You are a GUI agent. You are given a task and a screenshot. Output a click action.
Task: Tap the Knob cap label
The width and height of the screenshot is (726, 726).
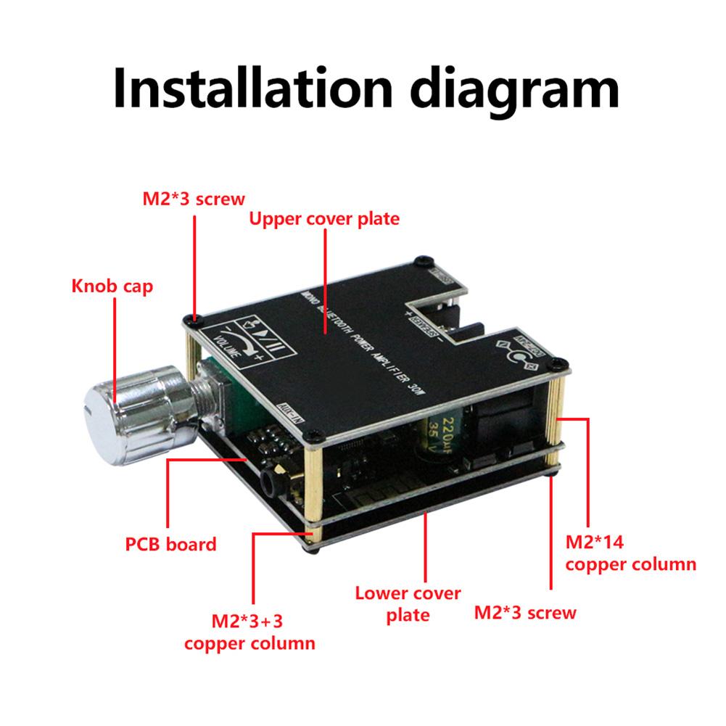[112, 286]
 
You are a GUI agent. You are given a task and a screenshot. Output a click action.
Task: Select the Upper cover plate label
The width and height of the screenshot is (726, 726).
[324, 218]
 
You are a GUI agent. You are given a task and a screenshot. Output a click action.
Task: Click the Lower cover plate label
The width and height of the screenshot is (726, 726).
[408, 603]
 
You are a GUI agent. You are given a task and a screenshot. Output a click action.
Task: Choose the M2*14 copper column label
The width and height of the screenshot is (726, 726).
[630, 552]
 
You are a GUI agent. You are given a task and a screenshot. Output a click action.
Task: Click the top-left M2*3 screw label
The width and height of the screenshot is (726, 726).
[193, 198]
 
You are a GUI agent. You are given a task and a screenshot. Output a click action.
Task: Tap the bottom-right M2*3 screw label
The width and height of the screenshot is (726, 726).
[525, 612]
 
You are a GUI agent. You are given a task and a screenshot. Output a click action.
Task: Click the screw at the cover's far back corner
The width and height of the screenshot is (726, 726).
[419, 261]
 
